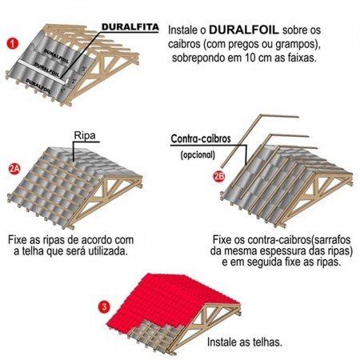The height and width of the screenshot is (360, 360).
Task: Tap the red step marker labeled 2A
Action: pos(14,169)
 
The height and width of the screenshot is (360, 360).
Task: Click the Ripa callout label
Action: pos(85,135)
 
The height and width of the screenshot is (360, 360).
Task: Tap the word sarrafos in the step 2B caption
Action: pos(327,239)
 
